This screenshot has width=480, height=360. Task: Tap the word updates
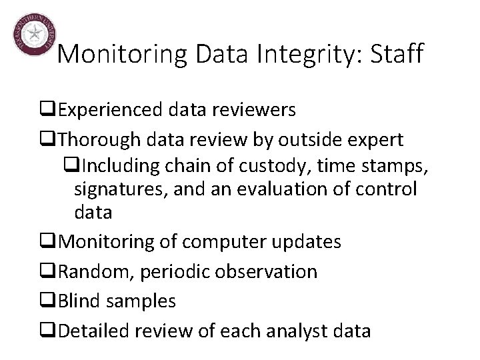pos(311,242)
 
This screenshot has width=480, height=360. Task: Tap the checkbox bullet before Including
pos(71,164)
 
